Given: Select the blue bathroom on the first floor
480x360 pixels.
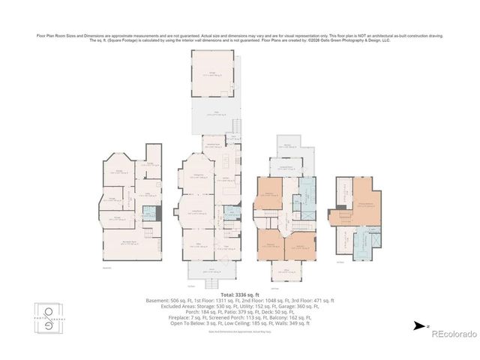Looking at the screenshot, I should [229, 211].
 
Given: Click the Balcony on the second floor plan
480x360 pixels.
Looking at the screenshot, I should [289, 147].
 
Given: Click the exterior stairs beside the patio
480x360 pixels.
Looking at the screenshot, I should [238, 124].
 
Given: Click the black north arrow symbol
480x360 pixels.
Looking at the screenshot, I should [416, 325].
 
